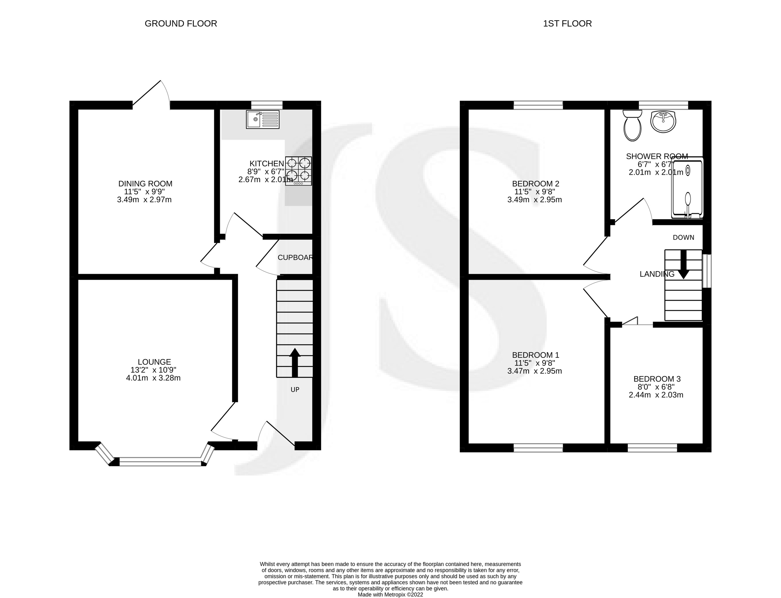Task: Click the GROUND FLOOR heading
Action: (x=181, y=24)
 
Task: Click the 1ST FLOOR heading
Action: (x=567, y=24)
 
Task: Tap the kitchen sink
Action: (x=263, y=119)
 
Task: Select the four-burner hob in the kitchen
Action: (x=299, y=170)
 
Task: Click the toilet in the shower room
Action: (x=632, y=126)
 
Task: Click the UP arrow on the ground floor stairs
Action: (x=295, y=362)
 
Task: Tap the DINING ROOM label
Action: (x=145, y=184)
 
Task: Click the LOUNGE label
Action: (x=154, y=362)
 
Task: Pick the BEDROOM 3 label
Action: (x=657, y=379)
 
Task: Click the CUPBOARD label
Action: (x=295, y=257)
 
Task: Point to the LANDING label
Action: (x=657, y=274)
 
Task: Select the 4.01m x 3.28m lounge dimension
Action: (x=153, y=378)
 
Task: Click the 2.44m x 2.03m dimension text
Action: (x=656, y=395)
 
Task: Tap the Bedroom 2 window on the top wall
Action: (x=538, y=105)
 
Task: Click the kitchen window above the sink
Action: (x=267, y=105)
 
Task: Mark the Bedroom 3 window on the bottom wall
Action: (x=652, y=448)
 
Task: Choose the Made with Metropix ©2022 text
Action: (x=390, y=594)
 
